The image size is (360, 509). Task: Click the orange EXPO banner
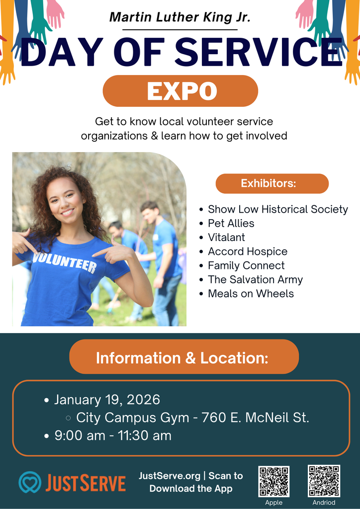point(180,91)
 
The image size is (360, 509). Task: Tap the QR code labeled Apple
point(273,481)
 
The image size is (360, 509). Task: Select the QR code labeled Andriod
point(324,481)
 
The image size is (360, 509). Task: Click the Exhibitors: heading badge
point(272,183)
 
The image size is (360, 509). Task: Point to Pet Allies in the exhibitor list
point(231,224)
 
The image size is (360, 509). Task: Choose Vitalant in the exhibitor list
point(226,238)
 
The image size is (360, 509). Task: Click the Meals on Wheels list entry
point(251,294)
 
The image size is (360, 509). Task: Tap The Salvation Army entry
point(255,280)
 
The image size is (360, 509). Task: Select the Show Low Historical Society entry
point(277,209)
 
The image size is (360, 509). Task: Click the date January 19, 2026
point(107,400)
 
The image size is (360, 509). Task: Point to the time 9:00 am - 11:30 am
point(113,436)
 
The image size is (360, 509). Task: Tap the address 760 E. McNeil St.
point(255,418)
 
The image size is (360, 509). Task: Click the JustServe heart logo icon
point(30,482)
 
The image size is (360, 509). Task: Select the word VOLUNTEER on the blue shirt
point(65,262)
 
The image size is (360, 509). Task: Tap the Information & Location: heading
point(182,358)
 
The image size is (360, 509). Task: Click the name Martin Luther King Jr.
point(180,17)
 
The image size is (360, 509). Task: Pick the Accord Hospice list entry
point(247,252)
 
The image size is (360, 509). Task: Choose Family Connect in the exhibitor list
point(246,266)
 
